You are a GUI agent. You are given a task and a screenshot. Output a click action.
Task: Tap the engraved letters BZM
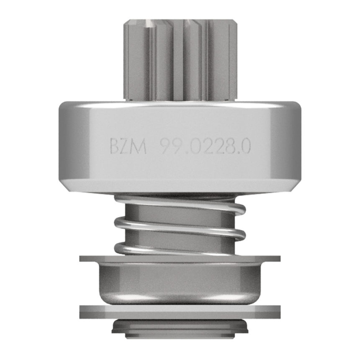[x=128, y=147]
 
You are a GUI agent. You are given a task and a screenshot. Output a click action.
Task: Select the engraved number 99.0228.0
[x=206, y=147]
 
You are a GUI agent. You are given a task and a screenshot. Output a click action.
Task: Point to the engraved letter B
[x=114, y=147]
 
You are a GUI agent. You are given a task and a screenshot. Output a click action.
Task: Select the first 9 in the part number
[x=165, y=147]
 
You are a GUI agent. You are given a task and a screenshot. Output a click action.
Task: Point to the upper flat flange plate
[x=180, y=259]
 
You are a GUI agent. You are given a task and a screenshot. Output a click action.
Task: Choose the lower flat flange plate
[x=180, y=311]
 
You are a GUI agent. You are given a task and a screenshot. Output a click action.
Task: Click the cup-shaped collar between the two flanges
[x=180, y=283]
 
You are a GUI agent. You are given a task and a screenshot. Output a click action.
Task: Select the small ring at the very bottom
[x=180, y=329]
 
